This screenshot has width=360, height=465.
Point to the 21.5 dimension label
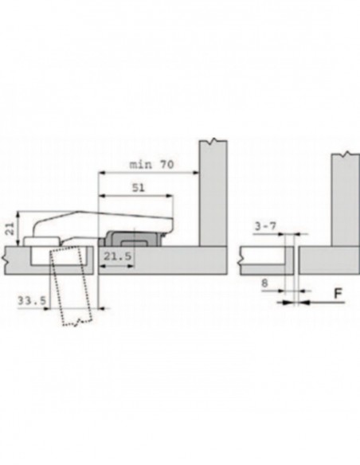(x=113, y=256)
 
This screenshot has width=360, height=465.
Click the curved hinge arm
(x=96, y=219)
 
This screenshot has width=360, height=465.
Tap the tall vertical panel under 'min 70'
(x=213, y=195)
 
